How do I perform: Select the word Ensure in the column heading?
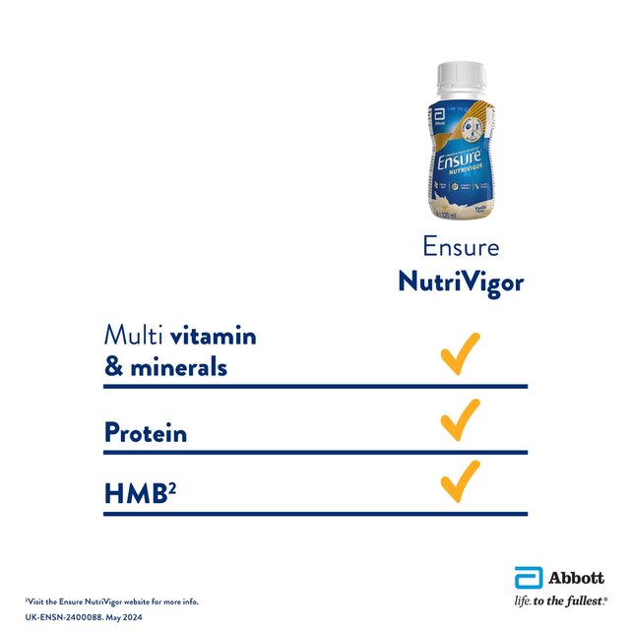click(x=461, y=247)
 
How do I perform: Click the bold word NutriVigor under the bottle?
click(x=461, y=283)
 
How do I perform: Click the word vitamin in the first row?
click(x=213, y=336)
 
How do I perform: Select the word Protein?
click(x=146, y=433)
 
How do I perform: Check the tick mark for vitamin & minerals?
click(x=460, y=353)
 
